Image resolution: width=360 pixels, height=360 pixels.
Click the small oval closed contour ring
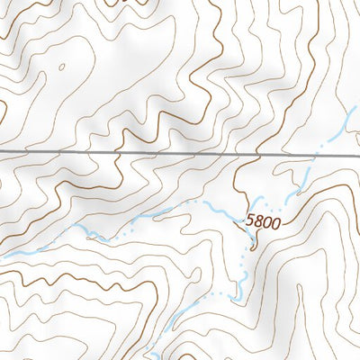click(x=61, y=66)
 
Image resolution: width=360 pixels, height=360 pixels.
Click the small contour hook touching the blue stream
click(x=91, y=236)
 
